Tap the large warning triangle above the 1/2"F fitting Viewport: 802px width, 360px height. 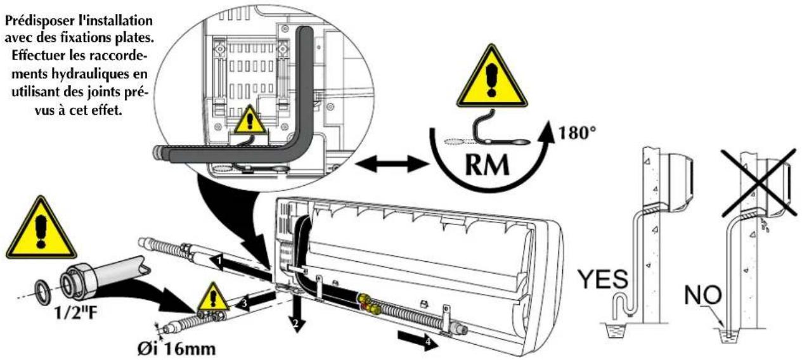click(41, 229)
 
